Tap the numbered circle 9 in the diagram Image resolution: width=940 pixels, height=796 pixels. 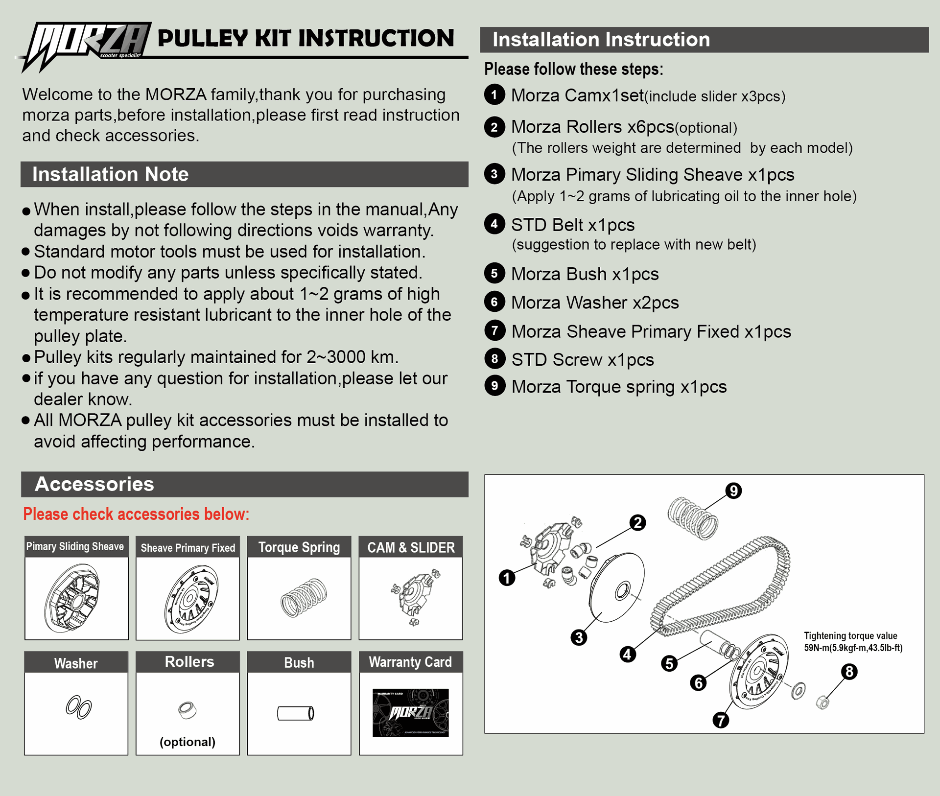733,491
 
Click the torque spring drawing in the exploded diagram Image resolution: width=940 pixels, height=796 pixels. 693,518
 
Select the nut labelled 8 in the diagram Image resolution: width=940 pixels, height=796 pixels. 822,703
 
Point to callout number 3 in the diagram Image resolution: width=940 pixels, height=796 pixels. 579,637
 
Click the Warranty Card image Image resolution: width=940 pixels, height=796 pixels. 410,712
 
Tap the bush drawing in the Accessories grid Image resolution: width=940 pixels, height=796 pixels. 295,713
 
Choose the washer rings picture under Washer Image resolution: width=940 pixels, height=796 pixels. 78,707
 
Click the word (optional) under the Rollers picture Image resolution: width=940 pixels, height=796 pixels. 188,742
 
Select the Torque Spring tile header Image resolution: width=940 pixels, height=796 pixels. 299,547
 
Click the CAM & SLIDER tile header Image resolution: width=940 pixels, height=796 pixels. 411,547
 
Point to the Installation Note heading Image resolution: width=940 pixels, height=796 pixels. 111,174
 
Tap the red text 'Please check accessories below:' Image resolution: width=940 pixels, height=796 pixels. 136,514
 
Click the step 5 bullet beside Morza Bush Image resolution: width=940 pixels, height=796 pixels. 494,273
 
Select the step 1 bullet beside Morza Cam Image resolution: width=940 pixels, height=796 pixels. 494,94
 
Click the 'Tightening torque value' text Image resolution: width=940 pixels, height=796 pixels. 850,636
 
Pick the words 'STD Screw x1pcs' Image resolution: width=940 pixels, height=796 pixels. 583,360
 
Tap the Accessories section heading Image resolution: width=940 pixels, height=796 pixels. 94,484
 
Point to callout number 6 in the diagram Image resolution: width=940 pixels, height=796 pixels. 698,682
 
